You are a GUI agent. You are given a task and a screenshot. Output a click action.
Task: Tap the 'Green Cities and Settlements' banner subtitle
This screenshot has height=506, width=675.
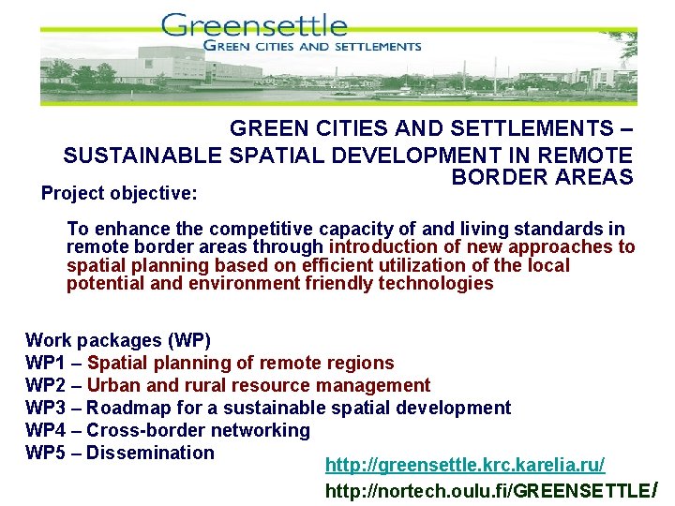[x=312, y=45]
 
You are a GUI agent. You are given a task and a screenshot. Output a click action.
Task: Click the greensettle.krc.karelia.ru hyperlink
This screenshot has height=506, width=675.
[x=465, y=466]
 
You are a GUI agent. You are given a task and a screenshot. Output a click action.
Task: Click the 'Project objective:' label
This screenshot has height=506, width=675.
[x=119, y=194]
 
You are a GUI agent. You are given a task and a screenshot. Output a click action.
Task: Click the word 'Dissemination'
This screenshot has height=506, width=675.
[x=151, y=453]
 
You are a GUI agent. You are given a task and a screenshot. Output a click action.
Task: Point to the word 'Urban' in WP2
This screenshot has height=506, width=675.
[x=112, y=385]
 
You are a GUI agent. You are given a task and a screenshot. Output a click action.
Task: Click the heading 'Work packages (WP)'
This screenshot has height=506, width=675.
[x=118, y=340]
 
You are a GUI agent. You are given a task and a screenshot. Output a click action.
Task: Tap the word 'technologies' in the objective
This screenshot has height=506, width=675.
[x=436, y=283]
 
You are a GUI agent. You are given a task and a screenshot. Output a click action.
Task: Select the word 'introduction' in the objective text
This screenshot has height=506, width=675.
[x=383, y=247]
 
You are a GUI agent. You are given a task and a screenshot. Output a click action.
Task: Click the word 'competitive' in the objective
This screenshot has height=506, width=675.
[x=263, y=230]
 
